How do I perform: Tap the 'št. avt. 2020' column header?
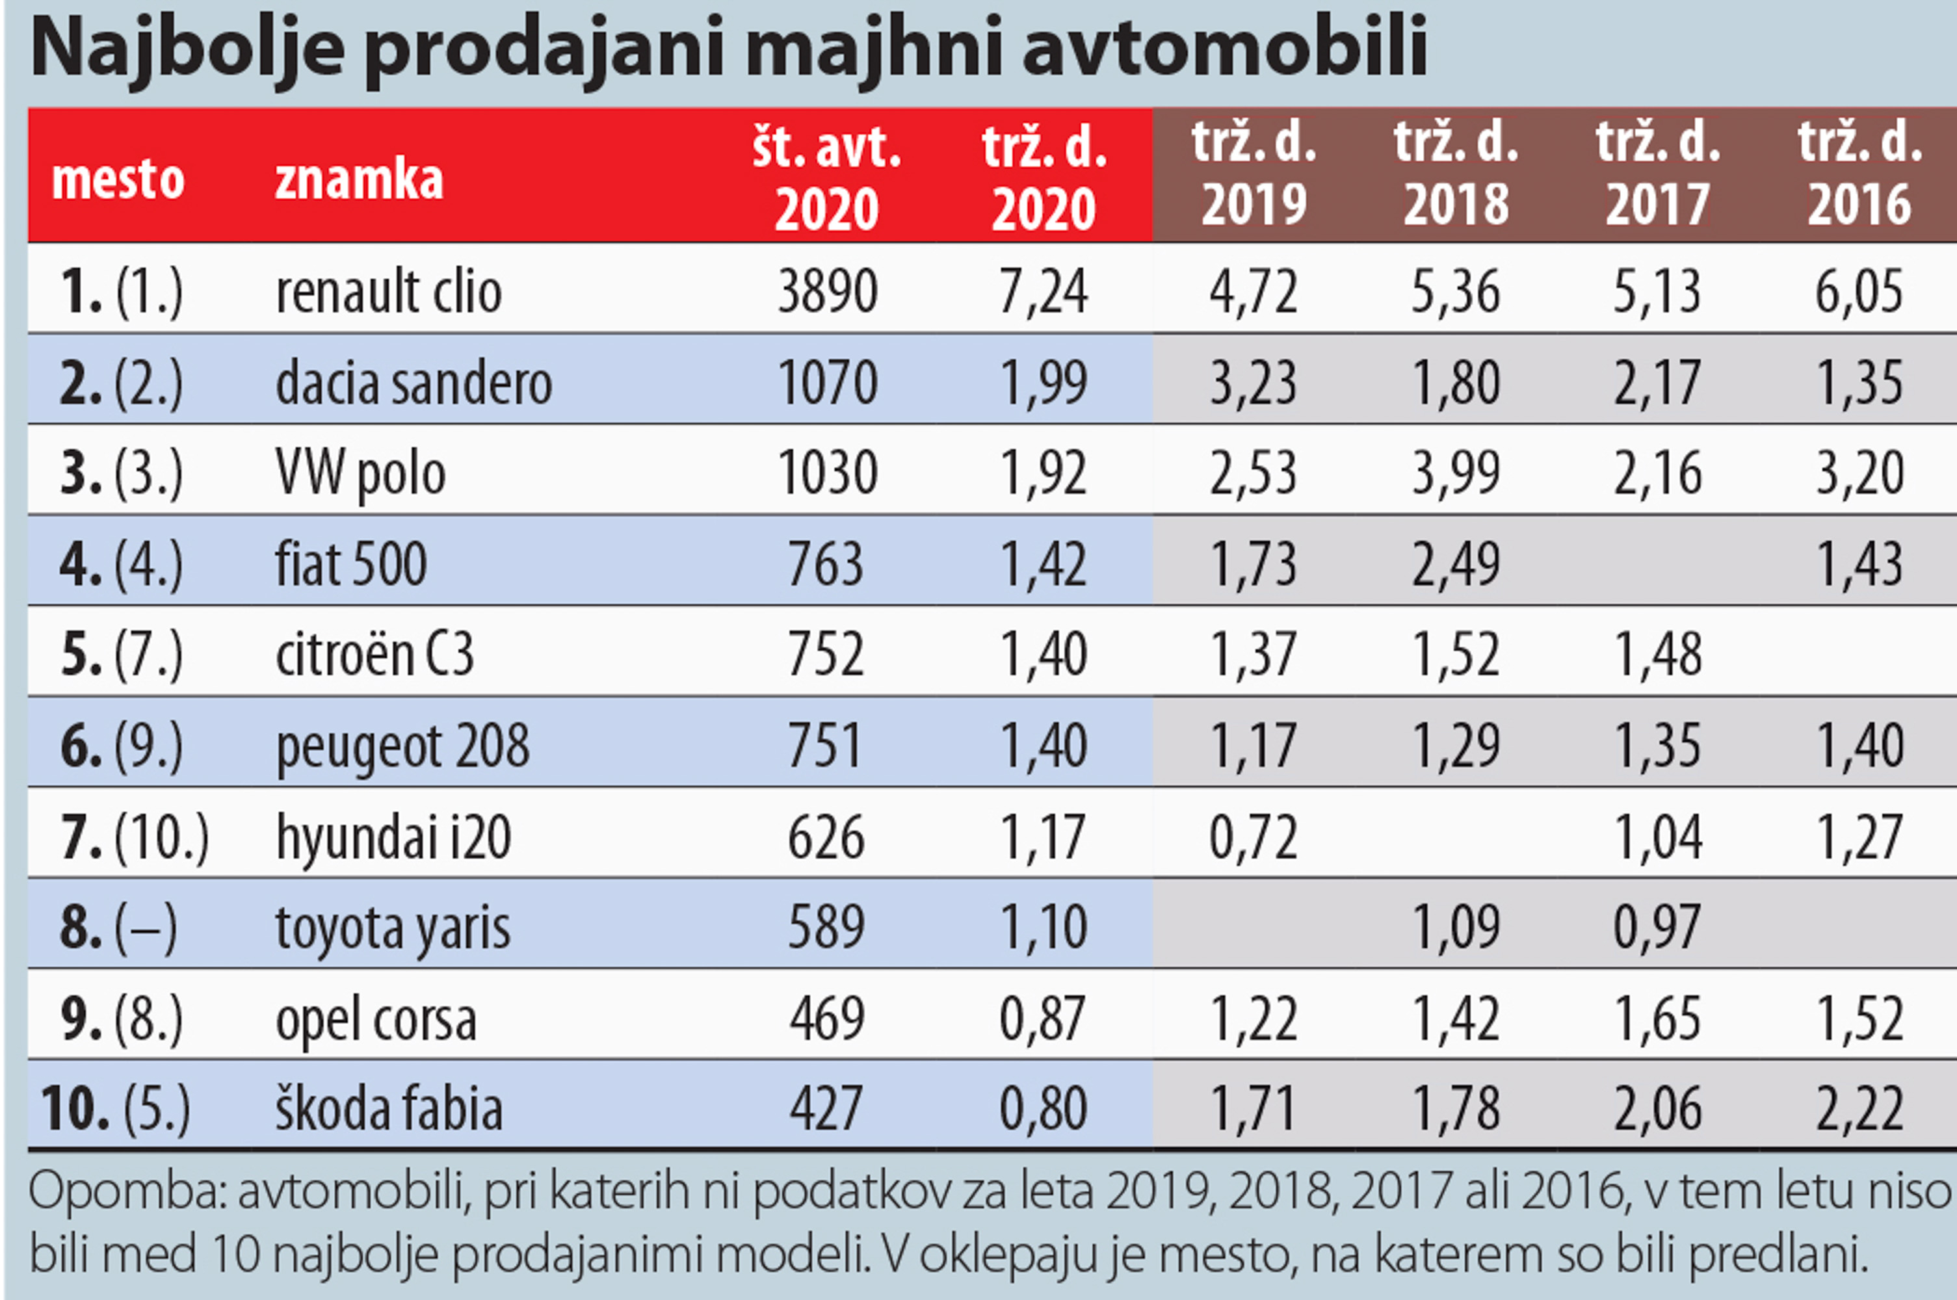pyautogui.click(x=827, y=177)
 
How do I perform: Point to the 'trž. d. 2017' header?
pyautogui.click(x=1658, y=174)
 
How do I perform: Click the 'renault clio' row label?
pyautogui.click(x=388, y=292)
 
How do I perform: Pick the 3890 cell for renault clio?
pyautogui.click(x=827, y=292)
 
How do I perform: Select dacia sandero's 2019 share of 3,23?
pyautogui.click(x=1253, y=383)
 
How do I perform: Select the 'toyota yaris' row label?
pyautogui.click(x=392, y=928)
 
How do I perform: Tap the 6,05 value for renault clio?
pyautogui.click(x=1859, y=292)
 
